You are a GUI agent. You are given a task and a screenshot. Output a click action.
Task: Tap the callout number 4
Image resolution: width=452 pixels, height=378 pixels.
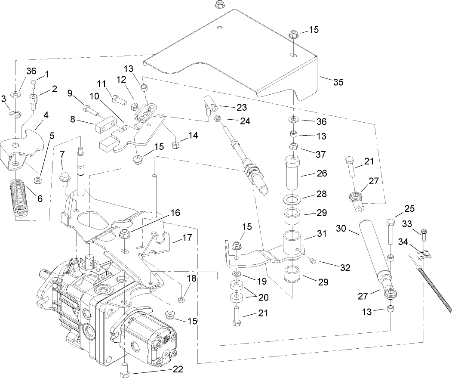click(45, 115)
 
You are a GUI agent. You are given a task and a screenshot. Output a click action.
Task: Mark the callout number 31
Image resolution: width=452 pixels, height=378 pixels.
click(321, 234)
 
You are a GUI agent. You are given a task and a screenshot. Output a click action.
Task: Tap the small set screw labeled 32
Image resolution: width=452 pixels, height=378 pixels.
click(313, 261)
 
